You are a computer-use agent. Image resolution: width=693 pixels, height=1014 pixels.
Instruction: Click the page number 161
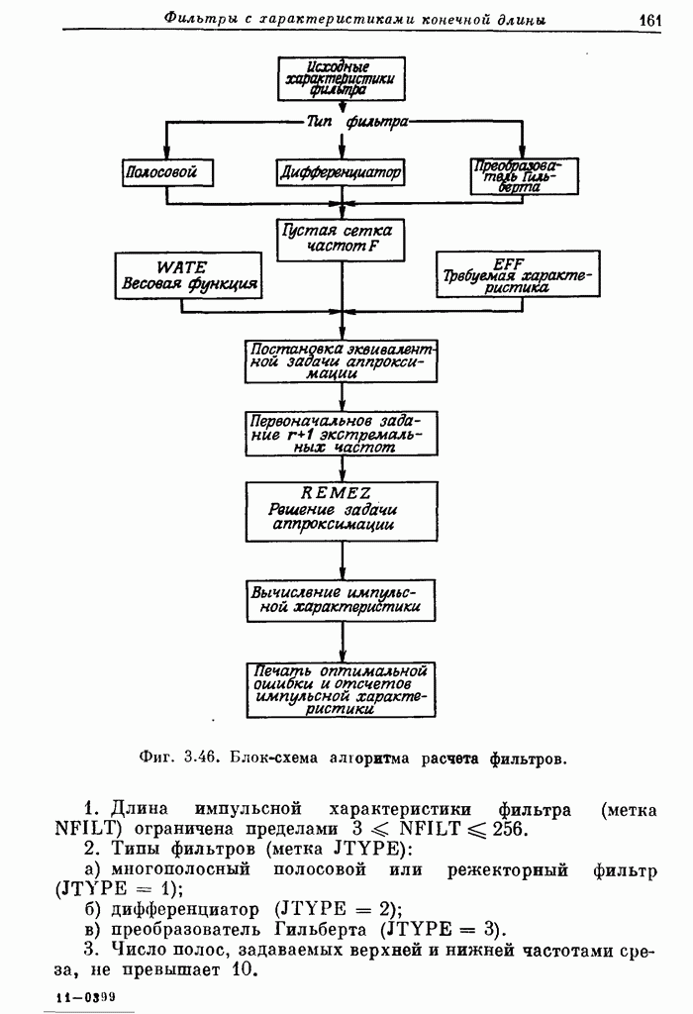[x=649, y=19]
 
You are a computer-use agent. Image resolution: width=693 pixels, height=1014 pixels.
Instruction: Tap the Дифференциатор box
[x=342, y=172]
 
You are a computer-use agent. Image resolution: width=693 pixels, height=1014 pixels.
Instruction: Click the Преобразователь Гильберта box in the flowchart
[x=512, y=175]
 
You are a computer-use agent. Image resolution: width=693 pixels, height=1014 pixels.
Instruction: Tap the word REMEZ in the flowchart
[x=336, y=492]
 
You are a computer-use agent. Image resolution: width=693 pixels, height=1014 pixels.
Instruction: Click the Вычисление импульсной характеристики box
[x=342, y=600]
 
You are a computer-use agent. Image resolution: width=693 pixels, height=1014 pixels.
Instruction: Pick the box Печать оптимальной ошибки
[x=342, y=689]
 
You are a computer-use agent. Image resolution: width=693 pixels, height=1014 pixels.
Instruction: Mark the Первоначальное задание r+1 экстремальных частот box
[x=341, y=433]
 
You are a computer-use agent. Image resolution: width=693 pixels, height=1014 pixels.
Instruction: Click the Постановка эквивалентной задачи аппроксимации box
[x=341, y=361]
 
